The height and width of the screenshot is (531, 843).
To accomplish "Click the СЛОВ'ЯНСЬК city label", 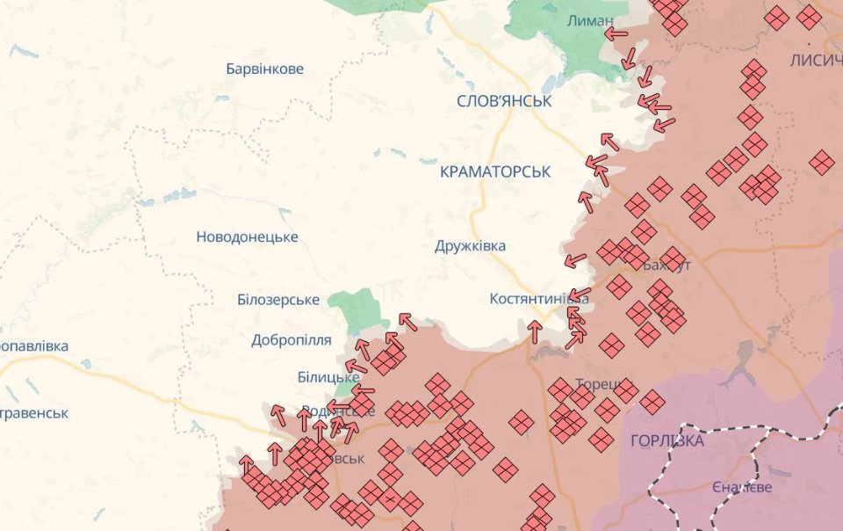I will pyautogui.click(x=504, y=101).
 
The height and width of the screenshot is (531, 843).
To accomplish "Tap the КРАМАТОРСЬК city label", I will pyautogui.click(x=495, y=172).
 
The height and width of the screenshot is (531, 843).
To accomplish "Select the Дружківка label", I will pyautogui.click(x=470, y=246).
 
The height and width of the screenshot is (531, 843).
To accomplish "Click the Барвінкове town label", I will pyautogui.click(x=264, y=69).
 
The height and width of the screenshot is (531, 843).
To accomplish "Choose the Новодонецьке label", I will pyautogui.click(x=247, y=237).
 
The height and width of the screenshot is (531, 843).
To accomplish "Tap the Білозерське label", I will pyautogui.click(x=277, y=300).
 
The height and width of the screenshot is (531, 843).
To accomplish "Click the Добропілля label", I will pyautogui.click(x=291, y=340).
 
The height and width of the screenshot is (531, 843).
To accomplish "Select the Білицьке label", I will pyautogui.click(x=328, y=377).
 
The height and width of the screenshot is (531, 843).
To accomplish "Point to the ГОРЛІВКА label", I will pyautogui.click(x=667, y=441).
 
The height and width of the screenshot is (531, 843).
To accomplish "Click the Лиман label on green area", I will pyautogui.click(x=590, y=20).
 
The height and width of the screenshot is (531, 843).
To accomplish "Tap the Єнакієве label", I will pyautogui.click(x=742, y=487).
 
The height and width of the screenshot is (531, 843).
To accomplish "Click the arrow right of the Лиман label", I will pyautogui.click(x=616, y=34).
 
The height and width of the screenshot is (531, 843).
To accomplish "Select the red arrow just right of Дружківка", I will pyautogui.click(x=575, y=260).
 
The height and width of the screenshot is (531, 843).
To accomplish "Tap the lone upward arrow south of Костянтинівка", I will pyautogui.click(x=534, y=331).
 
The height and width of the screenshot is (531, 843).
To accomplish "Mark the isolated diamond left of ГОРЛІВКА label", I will pyautogui.click(x=601, y=440).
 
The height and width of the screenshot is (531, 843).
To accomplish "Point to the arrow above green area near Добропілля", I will pyautogui.click(x=407, y=321).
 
